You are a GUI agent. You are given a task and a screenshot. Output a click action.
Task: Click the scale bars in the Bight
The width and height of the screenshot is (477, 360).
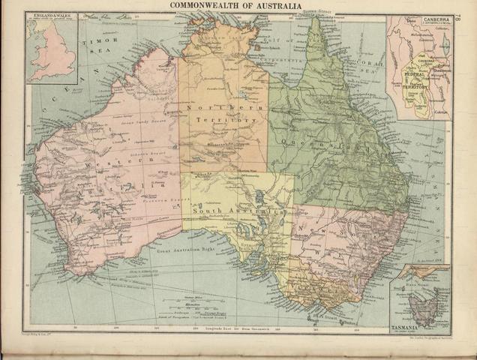pos(194,307)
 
